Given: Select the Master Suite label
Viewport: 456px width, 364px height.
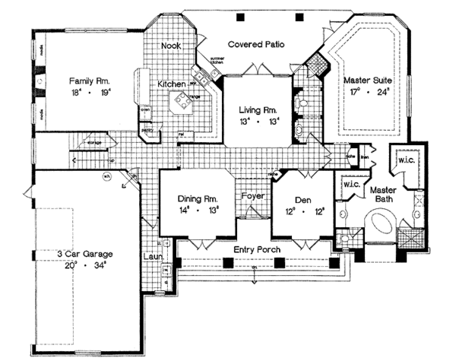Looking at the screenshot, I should tap(367, 79).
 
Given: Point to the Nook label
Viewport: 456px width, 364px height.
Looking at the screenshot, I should tap(170, 46).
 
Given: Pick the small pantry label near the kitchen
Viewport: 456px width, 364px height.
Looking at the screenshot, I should tap(147, 130).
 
